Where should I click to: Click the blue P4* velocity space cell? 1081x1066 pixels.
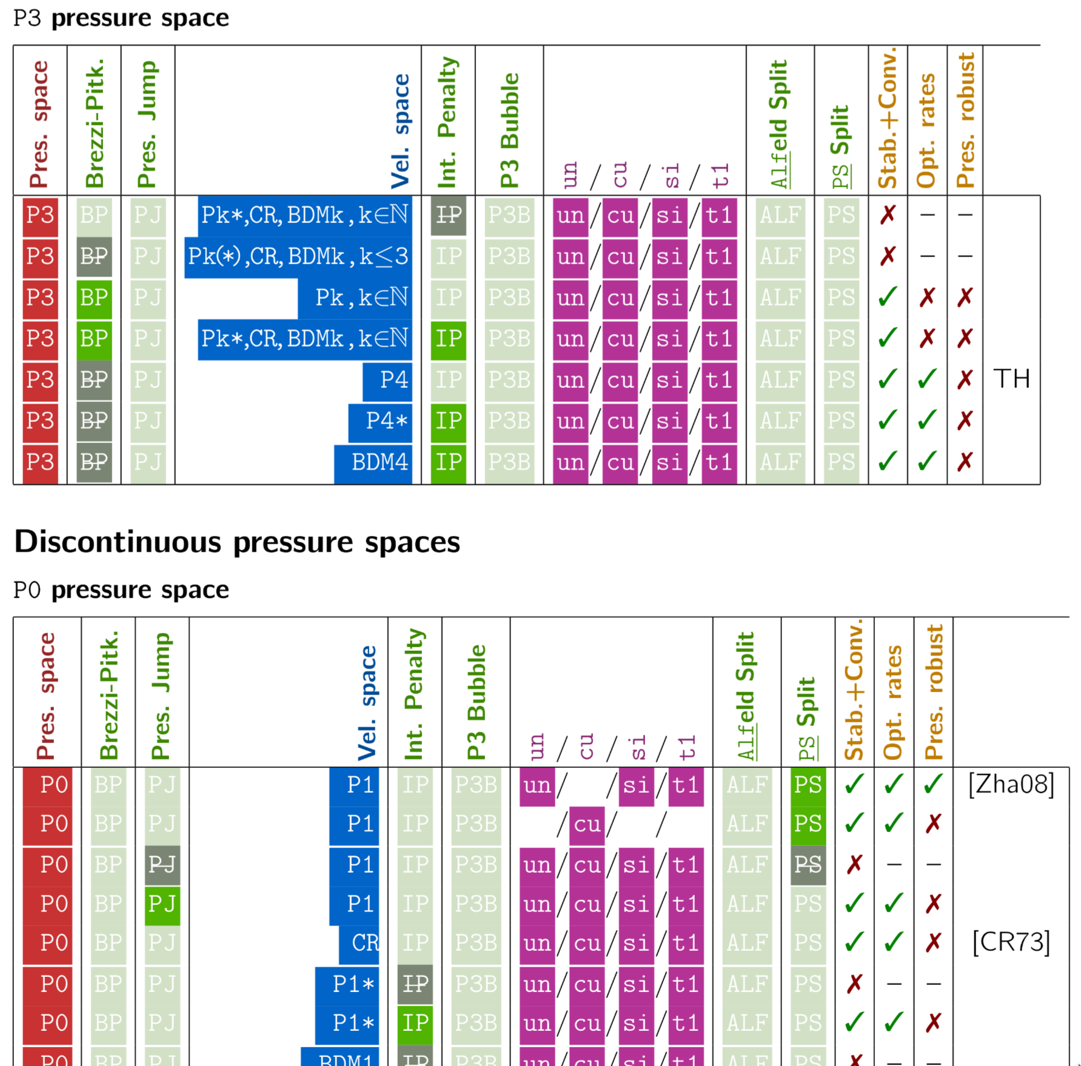pyautogui.click(x=380, y=421)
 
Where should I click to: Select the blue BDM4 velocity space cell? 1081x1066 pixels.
pyautogui.click(x=373, y=462)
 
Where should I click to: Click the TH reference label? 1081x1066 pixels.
pyautogui.click(x=1011, y=379)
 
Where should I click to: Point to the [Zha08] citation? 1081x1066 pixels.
pyautogui.click(x=1011, y=785)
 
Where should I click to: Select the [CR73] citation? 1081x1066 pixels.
pyautogui.click(x=1011, y=942)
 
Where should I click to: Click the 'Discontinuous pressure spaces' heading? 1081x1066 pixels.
pyautogui.click(x=237, y=542)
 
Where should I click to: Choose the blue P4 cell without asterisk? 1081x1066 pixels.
pyautogui.click(x=387, y=380)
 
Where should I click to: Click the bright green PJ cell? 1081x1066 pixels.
pyautogui.click(x=162, y=904)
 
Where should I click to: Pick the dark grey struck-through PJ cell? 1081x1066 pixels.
pyautogui.click(x=162, y=865)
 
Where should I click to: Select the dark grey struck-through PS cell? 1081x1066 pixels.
pyautogui.click(x=808, y=865)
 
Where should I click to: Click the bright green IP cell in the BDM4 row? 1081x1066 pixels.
pyautogui.click(x=449, y=462)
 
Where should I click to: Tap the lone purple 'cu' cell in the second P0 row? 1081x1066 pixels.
pyautogui.click(x=587, y=824)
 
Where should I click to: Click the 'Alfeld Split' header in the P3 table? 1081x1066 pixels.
pyautogui.click(x=778, y=124)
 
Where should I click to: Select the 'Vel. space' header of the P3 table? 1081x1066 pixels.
pyautogui.click(x=400, y=131)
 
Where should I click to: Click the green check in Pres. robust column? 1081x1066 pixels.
pyautogui.click(x=934, y=785)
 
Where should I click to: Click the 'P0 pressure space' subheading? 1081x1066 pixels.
pyautogui.click(x=121, y=590)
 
